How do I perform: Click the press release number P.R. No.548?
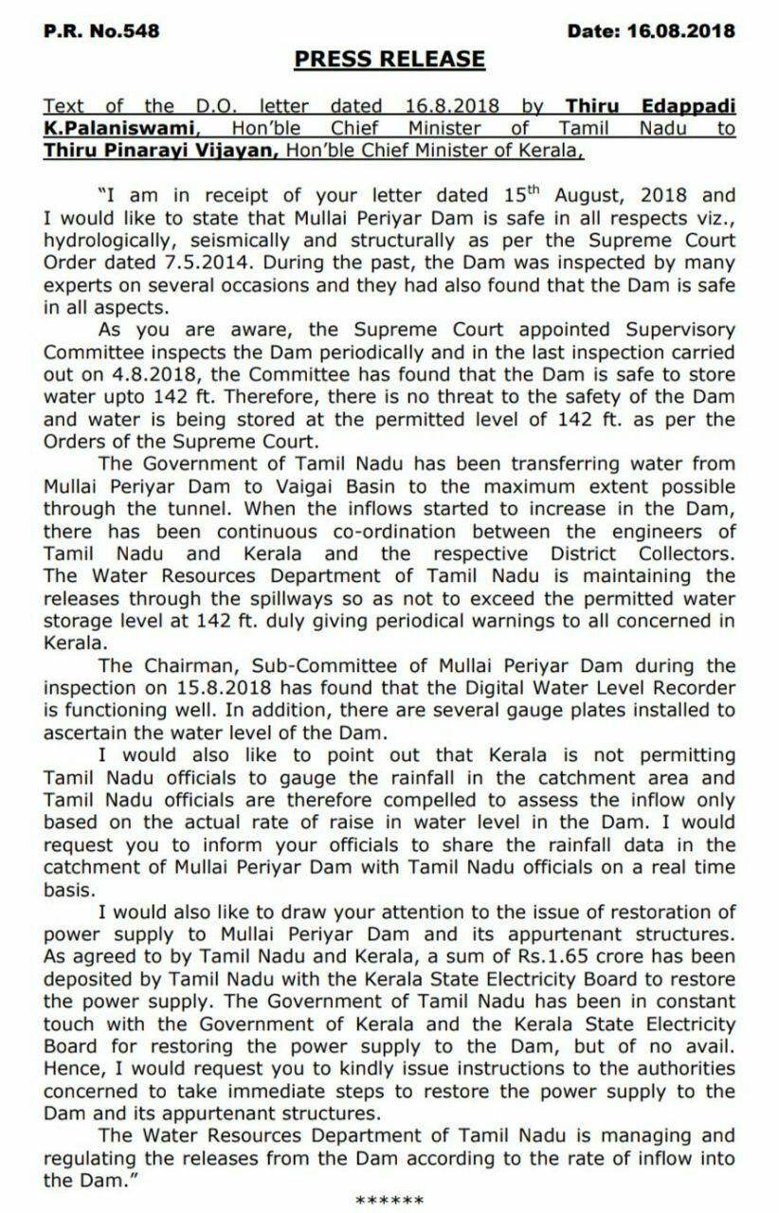[102, 31]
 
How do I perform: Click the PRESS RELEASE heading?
[389, 60]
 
